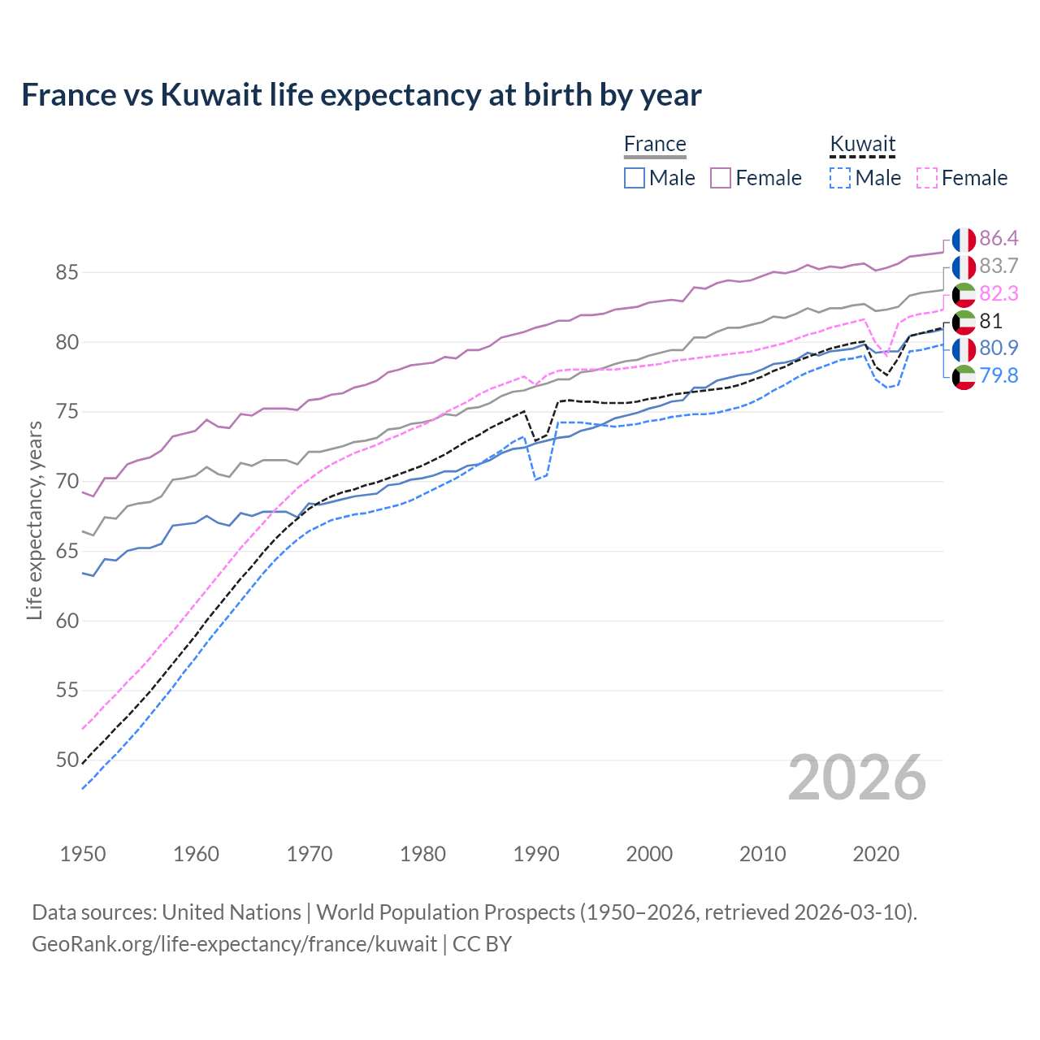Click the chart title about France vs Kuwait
(x=362, y=95)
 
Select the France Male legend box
(x=635, y=178)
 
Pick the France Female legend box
(x=721, y=178)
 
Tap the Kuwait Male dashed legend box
(x=840, y=178)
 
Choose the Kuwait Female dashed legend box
(x=927, y=178)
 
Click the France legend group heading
(x=655, y=144)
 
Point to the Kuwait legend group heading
(x=862, y=144)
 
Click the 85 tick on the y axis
(x=67, y=272)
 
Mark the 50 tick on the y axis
(x=67, y=760)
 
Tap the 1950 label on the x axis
(x=83, y=854)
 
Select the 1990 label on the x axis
(x=536, y=854)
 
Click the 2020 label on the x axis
(x=876, y=854)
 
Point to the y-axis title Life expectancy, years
(x=34, y=520)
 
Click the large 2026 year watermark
(x=857, y=778)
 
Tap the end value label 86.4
(x=999, y=238)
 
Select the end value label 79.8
(x=999, y=375)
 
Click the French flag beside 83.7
(x=964, y=266)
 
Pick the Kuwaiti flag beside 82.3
(x=964, y=294)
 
